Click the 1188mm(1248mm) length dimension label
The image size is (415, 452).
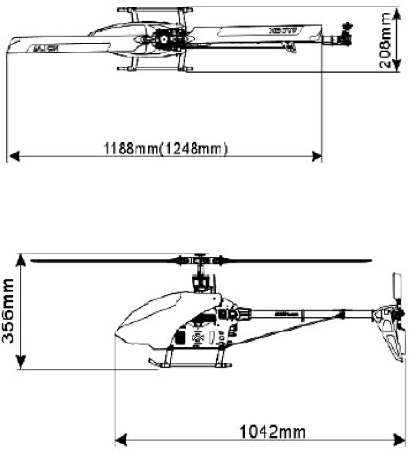click(x=166, y=148)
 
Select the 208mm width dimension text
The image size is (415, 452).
click(x=387, y=42)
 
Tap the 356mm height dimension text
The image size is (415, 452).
click(x=9, y=312)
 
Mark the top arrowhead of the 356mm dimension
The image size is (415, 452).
click(x=22, y=258)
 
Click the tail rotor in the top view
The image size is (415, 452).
click(x=343, y=36)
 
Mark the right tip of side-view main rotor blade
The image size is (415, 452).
click(x=370, y=261)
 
